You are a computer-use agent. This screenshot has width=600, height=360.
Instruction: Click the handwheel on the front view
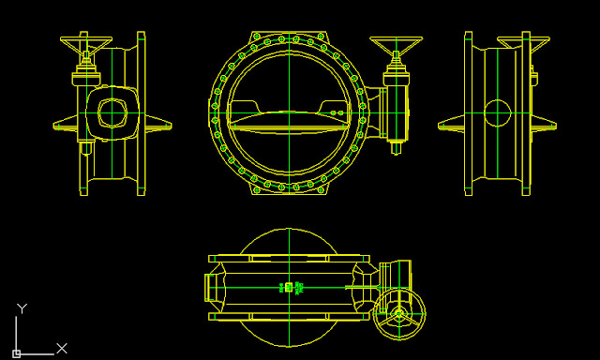[396, 43]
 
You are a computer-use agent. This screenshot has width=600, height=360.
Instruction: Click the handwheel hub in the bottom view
[398, 315]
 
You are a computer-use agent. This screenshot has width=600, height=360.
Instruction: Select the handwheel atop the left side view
[86, 43]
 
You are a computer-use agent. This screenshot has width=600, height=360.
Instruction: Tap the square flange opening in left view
[111, 112]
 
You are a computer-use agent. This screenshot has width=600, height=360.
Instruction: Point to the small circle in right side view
[497, 114]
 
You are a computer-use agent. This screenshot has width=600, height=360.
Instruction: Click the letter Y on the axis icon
[22, 307]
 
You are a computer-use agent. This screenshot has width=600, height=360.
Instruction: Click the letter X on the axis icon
[62, 348]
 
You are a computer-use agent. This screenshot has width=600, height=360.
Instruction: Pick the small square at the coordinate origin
[16, 353]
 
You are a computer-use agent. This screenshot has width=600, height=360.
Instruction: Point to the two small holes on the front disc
[335, 114]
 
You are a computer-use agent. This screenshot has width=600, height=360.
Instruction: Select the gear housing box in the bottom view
[396, 274]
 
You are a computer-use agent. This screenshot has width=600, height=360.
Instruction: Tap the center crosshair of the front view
[290, 113]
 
